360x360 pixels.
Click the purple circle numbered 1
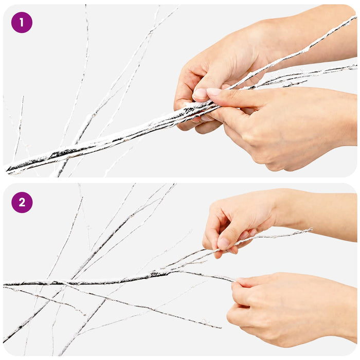click(22, 23)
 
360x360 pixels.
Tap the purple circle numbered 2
click(22, 203)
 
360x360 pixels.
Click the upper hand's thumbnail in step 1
click(200, 94)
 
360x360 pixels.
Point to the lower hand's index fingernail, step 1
click(214, 92)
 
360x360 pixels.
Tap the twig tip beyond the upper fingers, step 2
click(311, 229)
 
